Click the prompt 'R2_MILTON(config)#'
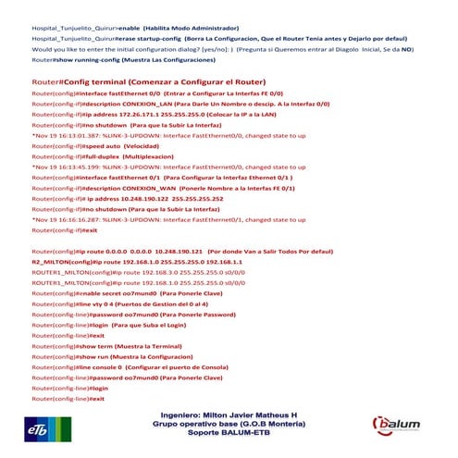pos(61,262)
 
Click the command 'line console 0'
pos(103,367)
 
